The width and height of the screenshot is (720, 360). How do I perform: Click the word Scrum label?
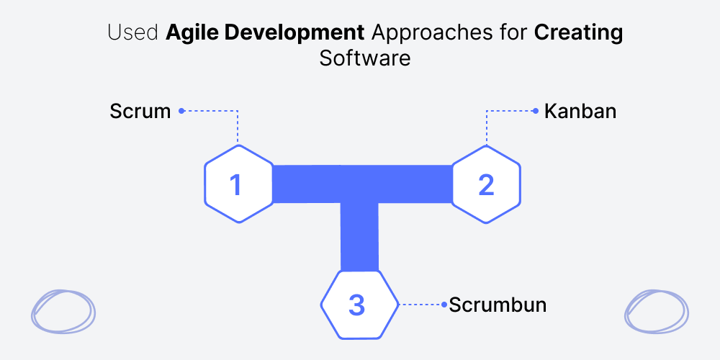coord(140,112)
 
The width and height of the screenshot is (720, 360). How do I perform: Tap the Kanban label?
coord(580,112)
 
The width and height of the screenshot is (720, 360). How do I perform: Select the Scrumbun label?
coord(498,305)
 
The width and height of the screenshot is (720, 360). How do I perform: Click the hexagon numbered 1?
coord(238,184)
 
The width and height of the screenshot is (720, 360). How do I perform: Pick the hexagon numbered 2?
coord(486,184)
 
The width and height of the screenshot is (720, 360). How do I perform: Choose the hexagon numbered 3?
coord(359,305)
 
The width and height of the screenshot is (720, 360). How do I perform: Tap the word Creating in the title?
coord(579,34)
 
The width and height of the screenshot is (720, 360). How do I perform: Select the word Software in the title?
coord(365,59)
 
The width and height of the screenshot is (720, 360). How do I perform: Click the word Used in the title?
coord(134,33)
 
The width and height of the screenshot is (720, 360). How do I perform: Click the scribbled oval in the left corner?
coord(63,311)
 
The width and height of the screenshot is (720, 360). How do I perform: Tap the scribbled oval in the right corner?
coord(657,311)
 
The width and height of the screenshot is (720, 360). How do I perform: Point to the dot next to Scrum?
coord(181,111)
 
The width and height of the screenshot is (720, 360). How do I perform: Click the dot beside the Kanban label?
coord(536,111)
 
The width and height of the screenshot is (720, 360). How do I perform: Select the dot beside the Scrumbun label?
coord(444,305)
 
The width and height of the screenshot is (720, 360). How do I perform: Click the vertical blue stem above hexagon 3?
coord(359,237)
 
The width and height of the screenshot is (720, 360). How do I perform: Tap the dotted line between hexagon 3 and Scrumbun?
coord(420,305)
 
